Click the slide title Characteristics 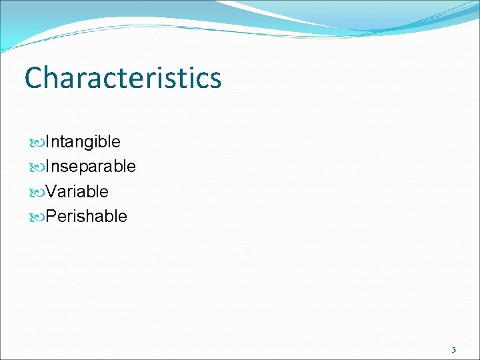pyautogui.click(x=123, y=77)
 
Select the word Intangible pyautogui.click(x=83, y=141)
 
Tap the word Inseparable pyautogui.click(x=90, y=166)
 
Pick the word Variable pyautogui.click(x=77, y=191)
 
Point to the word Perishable pyautogui.click(x=86, y=216)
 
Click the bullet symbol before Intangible pyautogui.click(x=37, y=142)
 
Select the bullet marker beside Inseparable pyautogui.click(x=37, y=167)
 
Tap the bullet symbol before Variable pyautogui.click(x=37, y=192)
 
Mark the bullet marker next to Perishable pyautogui.click(x=37, y=217)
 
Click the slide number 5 pyautogui.click(x=454, y=349)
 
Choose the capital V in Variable pyautogui.click(x=51, y=191)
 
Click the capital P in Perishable pyautogui.click(x=51, y=216)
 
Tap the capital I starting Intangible pyautogui.click(x=47, y=141)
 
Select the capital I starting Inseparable pyautogui.click(x=47, y=166)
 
